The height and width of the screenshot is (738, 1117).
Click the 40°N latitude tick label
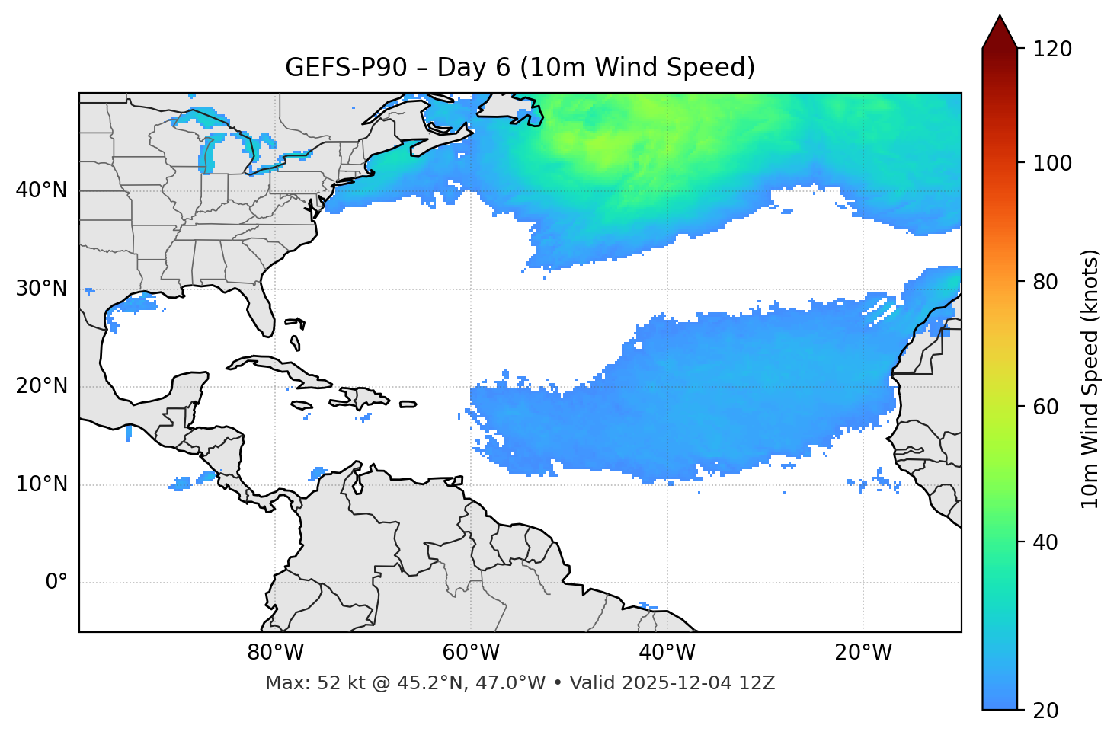click(x=41, y=190)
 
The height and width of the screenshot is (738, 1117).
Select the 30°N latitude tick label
click(x=41, y=289)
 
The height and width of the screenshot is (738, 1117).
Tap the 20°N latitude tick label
click(x=41, y=386)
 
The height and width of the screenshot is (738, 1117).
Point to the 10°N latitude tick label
click(x=41, y=484)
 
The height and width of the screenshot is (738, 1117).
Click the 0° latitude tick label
click(x=56, y=583)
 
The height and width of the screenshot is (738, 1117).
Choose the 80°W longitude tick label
click(x=275, y=653)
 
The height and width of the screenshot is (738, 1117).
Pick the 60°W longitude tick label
click(x=471, y=653)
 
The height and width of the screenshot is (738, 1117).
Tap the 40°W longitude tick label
click(x=667, y=653)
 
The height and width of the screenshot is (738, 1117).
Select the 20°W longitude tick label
click(x=863, y=653)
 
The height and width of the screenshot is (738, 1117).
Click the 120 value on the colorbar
click(x=1051, y=50)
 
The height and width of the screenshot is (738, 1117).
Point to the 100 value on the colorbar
click(x=1051, y=163)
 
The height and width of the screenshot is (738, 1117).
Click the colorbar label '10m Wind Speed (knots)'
click(x=1090, y=379)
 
